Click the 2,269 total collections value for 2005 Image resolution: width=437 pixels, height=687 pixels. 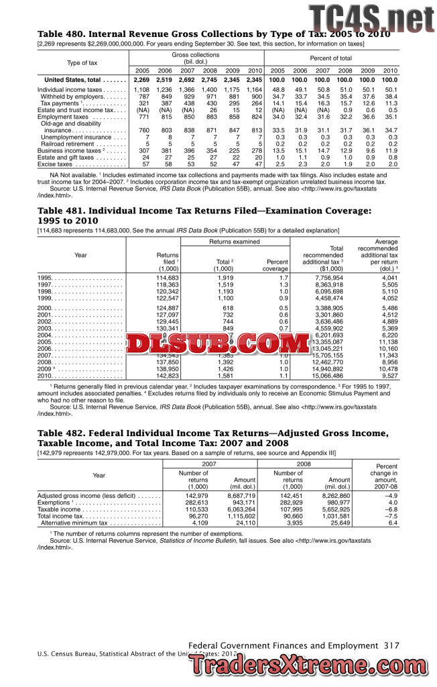[141, 80]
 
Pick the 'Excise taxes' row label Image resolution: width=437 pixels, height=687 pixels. [55, 164]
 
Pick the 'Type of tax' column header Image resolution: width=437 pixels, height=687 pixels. [82, 62]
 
